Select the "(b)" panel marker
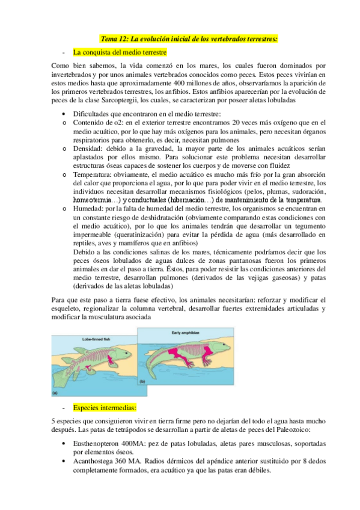[142, 381]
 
